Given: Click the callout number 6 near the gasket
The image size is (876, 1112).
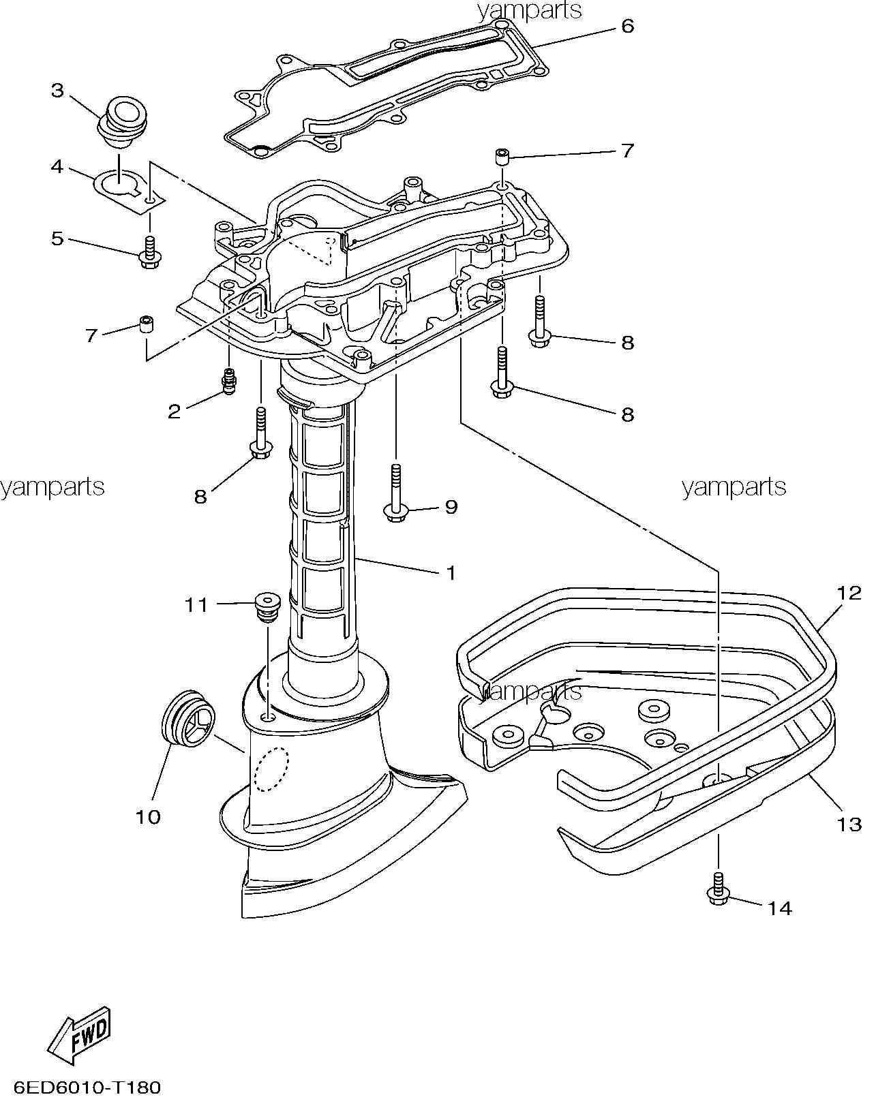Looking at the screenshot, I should click(x=627, y=26).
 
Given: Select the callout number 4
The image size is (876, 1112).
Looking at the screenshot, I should click(x=57, y=166).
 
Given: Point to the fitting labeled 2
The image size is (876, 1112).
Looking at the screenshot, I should click(x=230, y=380).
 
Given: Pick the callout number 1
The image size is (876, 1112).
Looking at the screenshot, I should click(x=450, y=573).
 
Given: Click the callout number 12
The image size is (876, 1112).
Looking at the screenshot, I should click(x=849, y=592).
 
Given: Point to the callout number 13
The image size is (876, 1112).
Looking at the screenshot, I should click(x=849, y=824).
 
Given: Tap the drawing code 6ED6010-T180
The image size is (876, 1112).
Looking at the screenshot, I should click(x=86, y=1087).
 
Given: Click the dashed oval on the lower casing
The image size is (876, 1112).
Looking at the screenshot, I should click(x=271, y=769).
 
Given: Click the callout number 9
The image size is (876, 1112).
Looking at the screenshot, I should click(x=451, y=507).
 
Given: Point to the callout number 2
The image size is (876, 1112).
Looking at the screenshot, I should click(x=175, y=411).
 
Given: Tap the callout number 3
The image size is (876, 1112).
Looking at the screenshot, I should click(x=57, y=91).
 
